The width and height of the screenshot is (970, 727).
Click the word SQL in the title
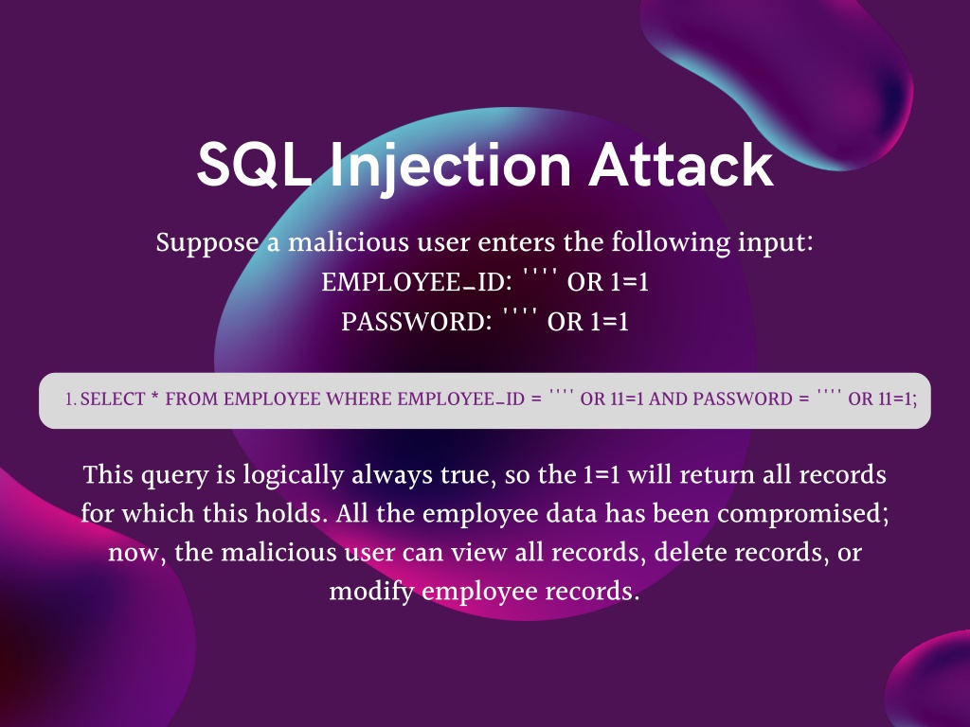pos(254,165)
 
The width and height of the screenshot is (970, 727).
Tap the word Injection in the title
pos(450,167)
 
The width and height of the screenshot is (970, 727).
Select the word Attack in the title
pos(680,165)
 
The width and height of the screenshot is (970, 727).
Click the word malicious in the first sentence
pos(349,241)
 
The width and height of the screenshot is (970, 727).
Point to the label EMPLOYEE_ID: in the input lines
pos(417,282)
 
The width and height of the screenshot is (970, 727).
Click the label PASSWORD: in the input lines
pos(417,322)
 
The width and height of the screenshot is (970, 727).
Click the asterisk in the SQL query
pos(154,397)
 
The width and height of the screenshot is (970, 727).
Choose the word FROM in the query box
pos(191,399)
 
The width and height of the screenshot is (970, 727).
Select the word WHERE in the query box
pos(359,399)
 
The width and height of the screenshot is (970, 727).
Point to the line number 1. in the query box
pos(70,399)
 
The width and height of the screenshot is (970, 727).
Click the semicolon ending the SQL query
pos(915,400)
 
